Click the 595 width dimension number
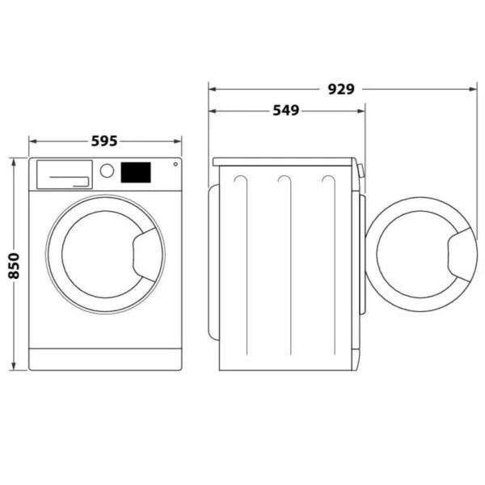[x=104, y=141]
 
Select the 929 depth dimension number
[x=340, y=89]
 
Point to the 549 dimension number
[x=285, y=110]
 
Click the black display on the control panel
[x=136, y=172]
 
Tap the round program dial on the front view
[x=107, y=171]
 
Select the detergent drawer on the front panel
[x=63, y=175]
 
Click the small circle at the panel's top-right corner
[x=174, y=166]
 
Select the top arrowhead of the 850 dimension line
[x=15, y=161]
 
